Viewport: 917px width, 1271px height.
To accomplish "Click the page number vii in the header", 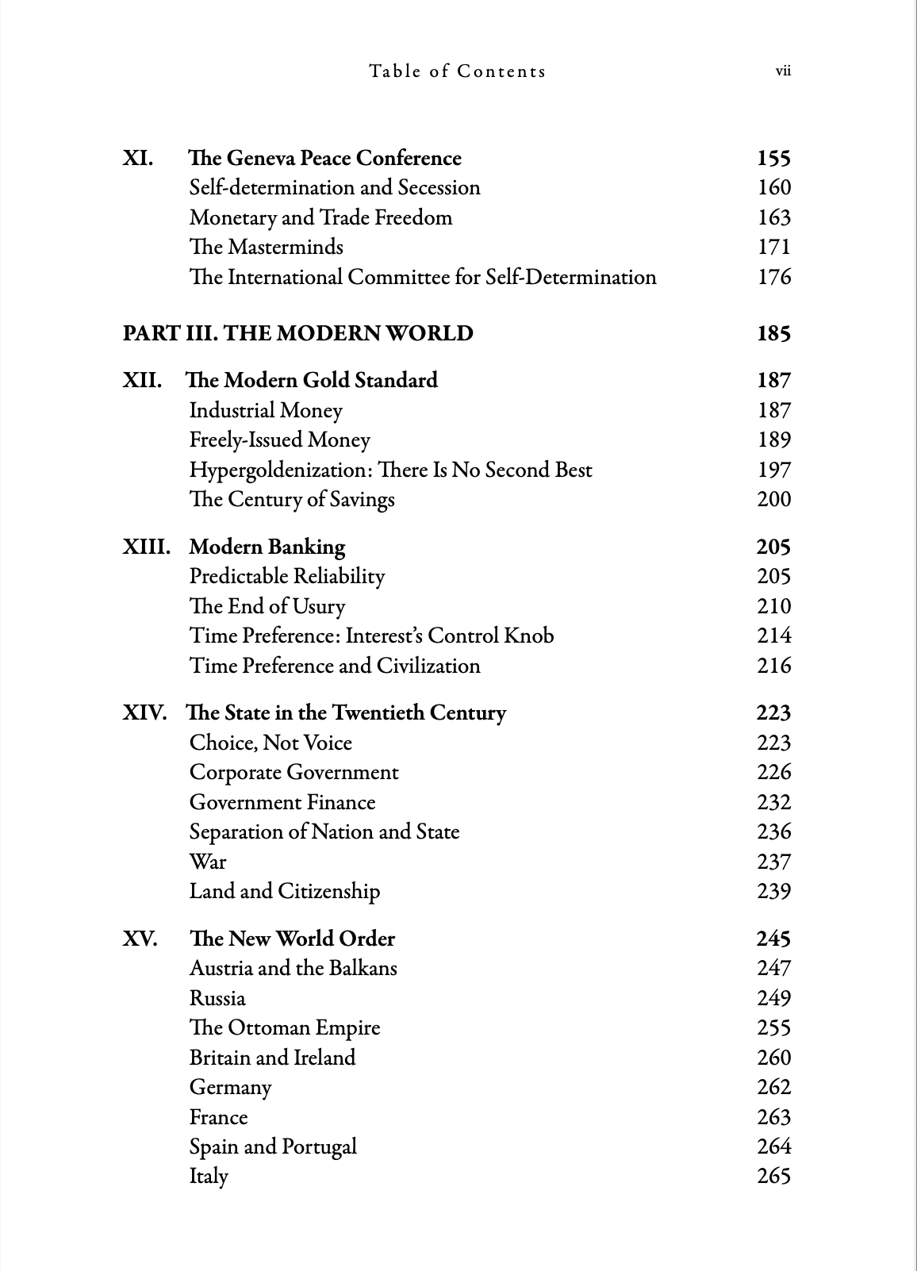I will click(x=783, y=71).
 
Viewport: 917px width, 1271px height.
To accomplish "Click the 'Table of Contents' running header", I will click(x=457, y=71).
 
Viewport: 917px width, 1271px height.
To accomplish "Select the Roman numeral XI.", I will click(x=138, y=158).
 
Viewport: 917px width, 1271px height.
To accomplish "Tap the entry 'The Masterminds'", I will click(x=266, y=247).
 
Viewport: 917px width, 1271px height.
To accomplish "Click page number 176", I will click(x=774, y=277).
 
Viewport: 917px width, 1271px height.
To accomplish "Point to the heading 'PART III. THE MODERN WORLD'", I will click(x=297, y=333).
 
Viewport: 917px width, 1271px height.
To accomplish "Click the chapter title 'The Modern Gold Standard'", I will click(x=311, y=380).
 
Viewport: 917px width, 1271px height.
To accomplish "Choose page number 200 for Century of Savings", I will click(x=774, y=499).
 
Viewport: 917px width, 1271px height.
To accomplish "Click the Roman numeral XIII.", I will click(x=146, y=547).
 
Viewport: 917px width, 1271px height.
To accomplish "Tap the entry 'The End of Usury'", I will click(x=267, y=606).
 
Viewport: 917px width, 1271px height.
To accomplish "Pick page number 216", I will click(x=774, y=666).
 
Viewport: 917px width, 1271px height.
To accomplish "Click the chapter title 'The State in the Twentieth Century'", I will click(x=345, y=712).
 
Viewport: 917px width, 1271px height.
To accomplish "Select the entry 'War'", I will click(x=208, y=862).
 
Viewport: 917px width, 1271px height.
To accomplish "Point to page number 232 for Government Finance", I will click(x=774, y=802).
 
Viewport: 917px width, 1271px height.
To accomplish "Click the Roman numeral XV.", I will click(x=140, y=939).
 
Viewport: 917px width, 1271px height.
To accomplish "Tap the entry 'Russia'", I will click(x=217, y=998).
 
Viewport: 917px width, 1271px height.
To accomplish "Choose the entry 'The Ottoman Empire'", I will click(x=285, y=1028).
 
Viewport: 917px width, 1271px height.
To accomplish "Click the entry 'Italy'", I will click(x=209, y=1177).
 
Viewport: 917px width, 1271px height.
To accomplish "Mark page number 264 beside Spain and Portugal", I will click(x=774, y=1146).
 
